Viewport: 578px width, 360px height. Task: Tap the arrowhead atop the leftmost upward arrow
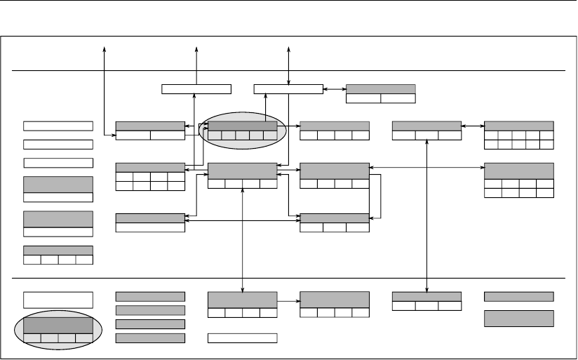pos(105,48)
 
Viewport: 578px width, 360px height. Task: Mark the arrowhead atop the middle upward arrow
pos(196,48)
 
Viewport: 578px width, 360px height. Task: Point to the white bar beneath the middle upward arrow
pos(196,88)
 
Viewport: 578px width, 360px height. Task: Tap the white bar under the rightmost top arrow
pos(288,88)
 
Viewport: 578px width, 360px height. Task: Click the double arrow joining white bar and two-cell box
pos(335,89)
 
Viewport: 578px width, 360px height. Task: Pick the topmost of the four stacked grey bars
pos(150,297)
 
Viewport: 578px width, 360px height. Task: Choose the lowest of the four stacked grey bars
pos(150,338)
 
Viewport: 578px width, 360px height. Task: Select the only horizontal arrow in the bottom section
pos(288,302)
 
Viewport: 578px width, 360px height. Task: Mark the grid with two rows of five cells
pos(518,139)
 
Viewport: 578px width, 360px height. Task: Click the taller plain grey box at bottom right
pos(518,318)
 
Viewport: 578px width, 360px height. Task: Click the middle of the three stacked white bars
pos(58,145)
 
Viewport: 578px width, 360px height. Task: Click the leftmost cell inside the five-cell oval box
pos(215,135)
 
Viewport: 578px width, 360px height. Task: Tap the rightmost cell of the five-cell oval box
pos(270,135)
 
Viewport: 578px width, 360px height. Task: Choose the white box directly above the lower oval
pos(58,300)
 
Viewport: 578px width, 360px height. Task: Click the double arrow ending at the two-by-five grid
pos(473,126)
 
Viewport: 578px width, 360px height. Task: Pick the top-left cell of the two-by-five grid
pos(491,135)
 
